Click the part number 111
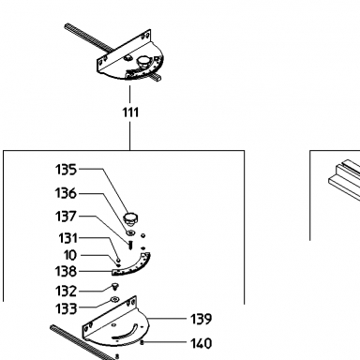tap(130, 112)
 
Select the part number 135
tap(66, 170)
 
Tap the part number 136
tap(66, 193)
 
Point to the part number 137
tap(66, 217)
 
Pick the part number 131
tap(67, 238)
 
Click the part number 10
tap(70, 255)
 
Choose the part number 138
tap(66, 271)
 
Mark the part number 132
tap(66, 291)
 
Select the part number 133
tap(66, 308)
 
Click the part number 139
tap(202, 319)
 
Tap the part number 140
tap(202, 343)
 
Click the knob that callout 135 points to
tap(131, 218)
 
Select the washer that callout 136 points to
tap(130, 232)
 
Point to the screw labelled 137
tap(130, 244)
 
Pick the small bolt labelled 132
tap(114, 286)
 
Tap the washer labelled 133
tap(114, 300)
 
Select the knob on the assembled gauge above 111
tap(144, 61)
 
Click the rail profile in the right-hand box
tap(345, 180)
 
